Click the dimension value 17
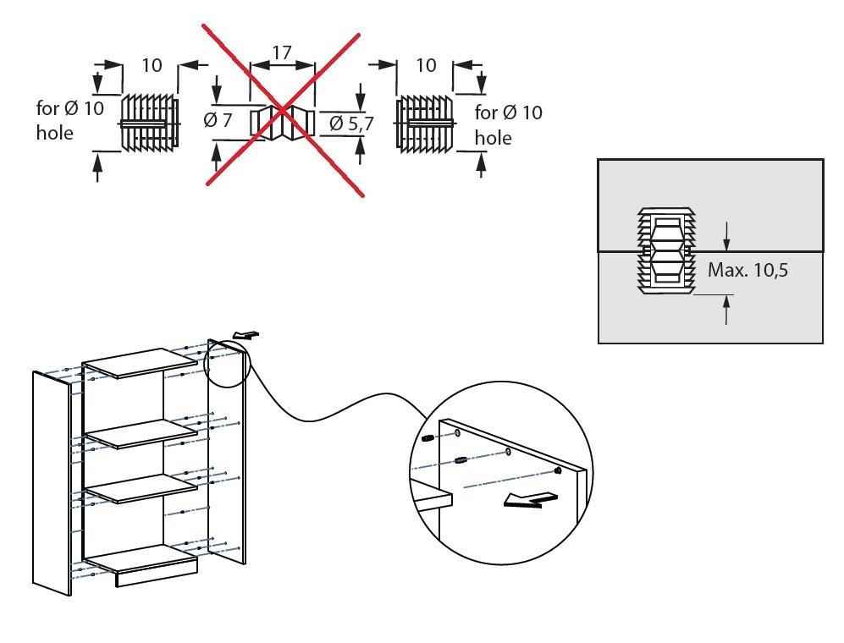[x=282, y=52]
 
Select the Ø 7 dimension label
[x=218, y=120]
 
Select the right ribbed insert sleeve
[x=426, y=124]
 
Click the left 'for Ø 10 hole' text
[x=69, y=120]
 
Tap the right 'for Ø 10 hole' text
[x=508, y=124]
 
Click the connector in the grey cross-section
[x=665, y=250]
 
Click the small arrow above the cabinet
[x=244, y=336]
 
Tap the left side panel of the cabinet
[x=51, y=482]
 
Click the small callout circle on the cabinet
[x=225, y=364]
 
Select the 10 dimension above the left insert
[x=151, y=66]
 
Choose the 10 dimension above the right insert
[x=426, y=66]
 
